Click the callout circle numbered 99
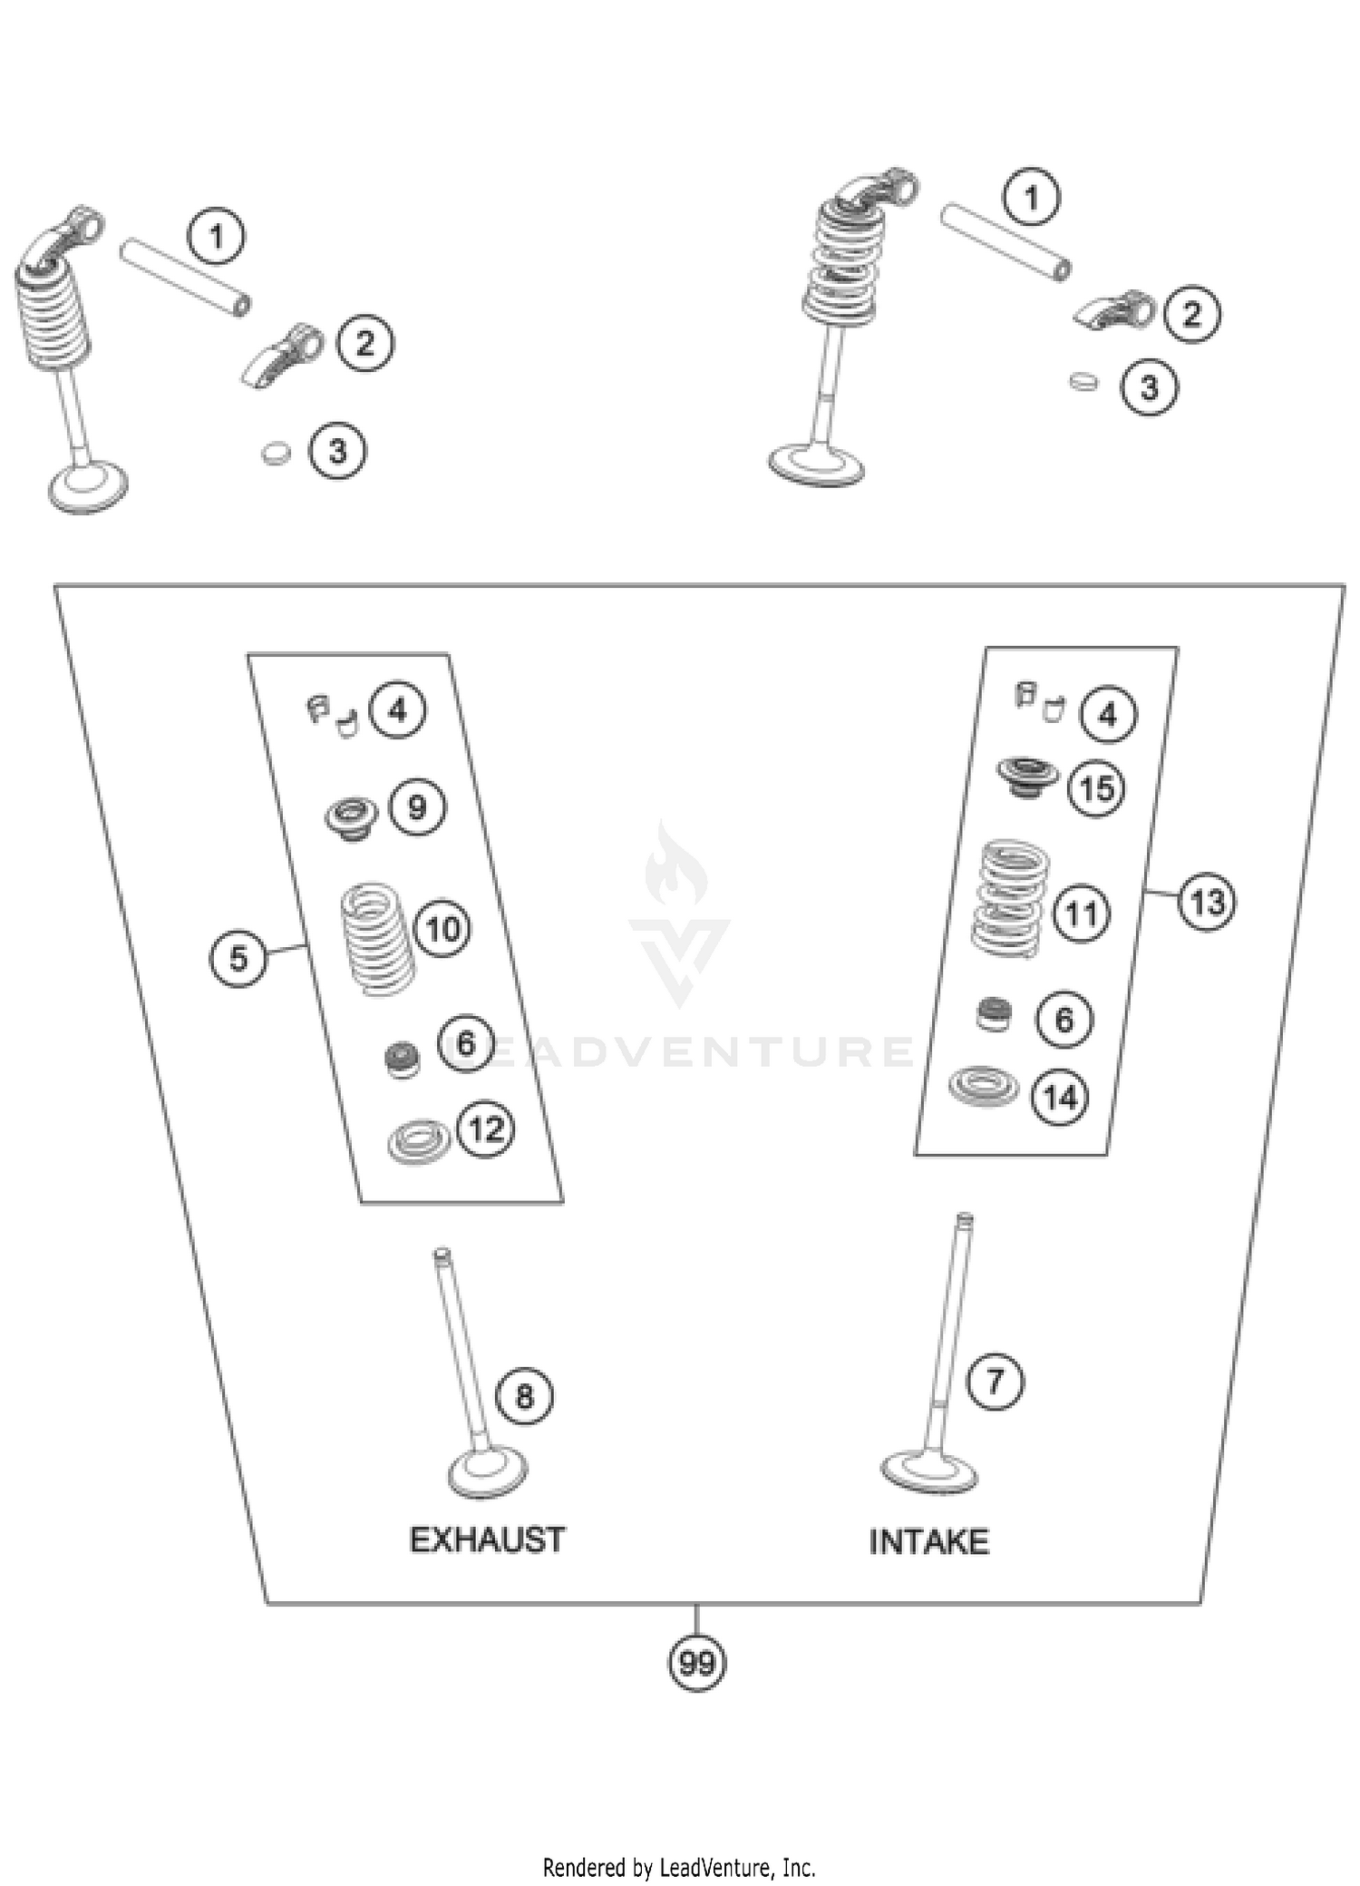pyautogui.click(x=696, y=1663)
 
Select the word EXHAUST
pyautogui.click(x=488, y=1539)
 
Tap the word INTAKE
pyautogui.click(x=928, y=1541)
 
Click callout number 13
pyautogui.click(x=1207, y=902)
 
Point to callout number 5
pyautogui.click(x=238, y=957)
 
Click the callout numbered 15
pyautogui.click(x=1097, y=787)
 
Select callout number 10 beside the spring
pyautogui.click(x=442, y=928)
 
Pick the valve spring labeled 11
pyautogui.click(x=1009, y=898)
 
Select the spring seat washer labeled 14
pyautogui.click(x=983, y=1085)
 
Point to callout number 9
pyautogui.click(x=417, y=806)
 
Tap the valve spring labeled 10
pyautogui.click(x=377, y=939)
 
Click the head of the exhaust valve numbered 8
pyautogui.click(x=488, y=1472)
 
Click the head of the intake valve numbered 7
pyautogui.click(x=928, y=1471)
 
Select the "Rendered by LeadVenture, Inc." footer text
pyautogui.click(x=679, y=1867)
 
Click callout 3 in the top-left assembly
pyautogui.click(x=337, y=450)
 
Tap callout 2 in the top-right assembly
pyautogui.click(x=1191, y=314)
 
